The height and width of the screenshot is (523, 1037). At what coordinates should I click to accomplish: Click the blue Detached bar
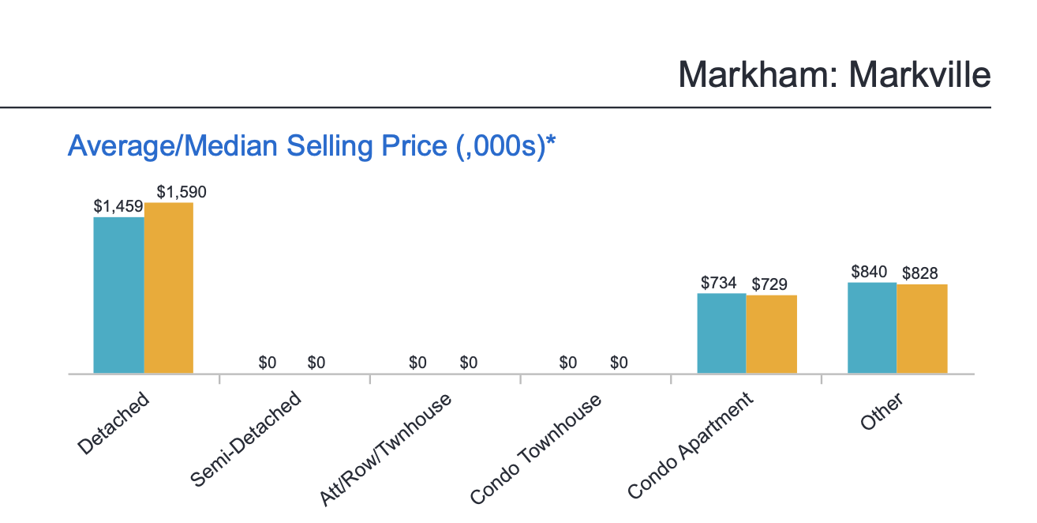[x=118, y=295]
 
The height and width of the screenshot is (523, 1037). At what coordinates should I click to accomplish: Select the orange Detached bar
[x=169, y=288]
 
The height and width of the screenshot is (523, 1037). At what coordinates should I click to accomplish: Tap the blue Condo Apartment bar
[x=721, y=333]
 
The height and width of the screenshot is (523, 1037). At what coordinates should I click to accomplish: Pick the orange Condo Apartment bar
[x=771, y=334]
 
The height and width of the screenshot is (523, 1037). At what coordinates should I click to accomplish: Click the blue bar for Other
[x=872, y=328]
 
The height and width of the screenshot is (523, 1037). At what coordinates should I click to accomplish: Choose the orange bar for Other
[x=922, y=329]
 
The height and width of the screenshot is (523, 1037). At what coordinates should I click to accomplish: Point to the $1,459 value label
[x=118, y=207]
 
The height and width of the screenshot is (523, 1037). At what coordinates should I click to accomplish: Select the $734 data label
[x=719, y=283]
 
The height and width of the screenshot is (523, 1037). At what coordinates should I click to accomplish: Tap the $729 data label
[x=769, y=284]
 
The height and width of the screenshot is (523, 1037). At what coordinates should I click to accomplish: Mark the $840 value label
[x=870, y=272]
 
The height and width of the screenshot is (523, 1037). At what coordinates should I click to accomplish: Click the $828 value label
[x=920, y=273]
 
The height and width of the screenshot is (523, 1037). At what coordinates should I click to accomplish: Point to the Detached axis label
[x=114, y=423]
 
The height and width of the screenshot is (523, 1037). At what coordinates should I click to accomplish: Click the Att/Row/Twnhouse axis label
[x=386, y=448]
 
